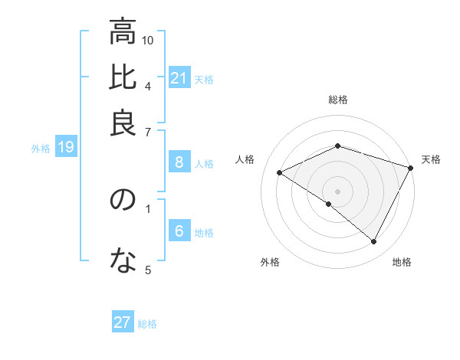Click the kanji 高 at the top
tap(122, 33)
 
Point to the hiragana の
tap(122, 200)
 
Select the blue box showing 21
tap(179, 78)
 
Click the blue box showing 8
tap(179, 162)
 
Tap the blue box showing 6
tap(179, 232)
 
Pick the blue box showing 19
tap(65, 148)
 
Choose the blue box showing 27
tap(123, 322)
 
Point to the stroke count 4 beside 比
tap(147, 85)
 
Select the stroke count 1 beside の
tap(147, 208)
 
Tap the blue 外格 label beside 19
tap(41, 149)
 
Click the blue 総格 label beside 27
tap(147, 324)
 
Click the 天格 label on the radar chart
tap(431, 159)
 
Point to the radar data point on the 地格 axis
tap(374, 242)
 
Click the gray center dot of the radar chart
tap(337, 191)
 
